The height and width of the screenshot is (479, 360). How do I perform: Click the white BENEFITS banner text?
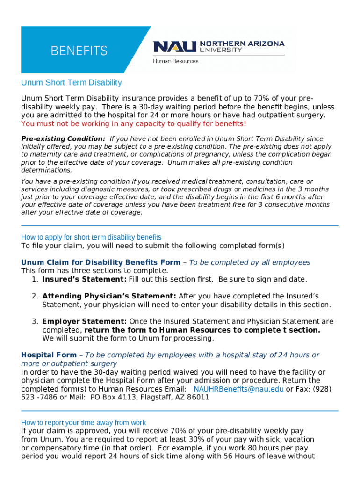coord(79,51)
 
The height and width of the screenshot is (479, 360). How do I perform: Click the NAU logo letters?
coord(175,47)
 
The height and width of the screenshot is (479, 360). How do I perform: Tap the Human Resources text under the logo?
coord(176,61)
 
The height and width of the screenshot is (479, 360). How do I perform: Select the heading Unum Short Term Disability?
coord(71,83)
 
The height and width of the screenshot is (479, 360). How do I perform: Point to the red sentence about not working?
coord(133,123)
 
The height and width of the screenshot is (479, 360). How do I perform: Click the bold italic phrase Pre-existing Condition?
coord(63,139)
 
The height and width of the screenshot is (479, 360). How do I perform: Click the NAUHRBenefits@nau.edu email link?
coord(238,389)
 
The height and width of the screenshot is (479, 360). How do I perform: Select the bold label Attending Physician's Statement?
coord(109,296)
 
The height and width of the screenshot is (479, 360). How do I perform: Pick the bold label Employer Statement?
coord(84,321)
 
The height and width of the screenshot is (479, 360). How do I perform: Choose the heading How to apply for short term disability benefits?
coord(91,237)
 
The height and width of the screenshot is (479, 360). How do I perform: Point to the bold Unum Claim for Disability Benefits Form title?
coord(101,262)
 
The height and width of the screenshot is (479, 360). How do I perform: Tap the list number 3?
coord(35,321)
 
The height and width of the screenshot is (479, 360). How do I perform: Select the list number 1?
coord(35,279)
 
